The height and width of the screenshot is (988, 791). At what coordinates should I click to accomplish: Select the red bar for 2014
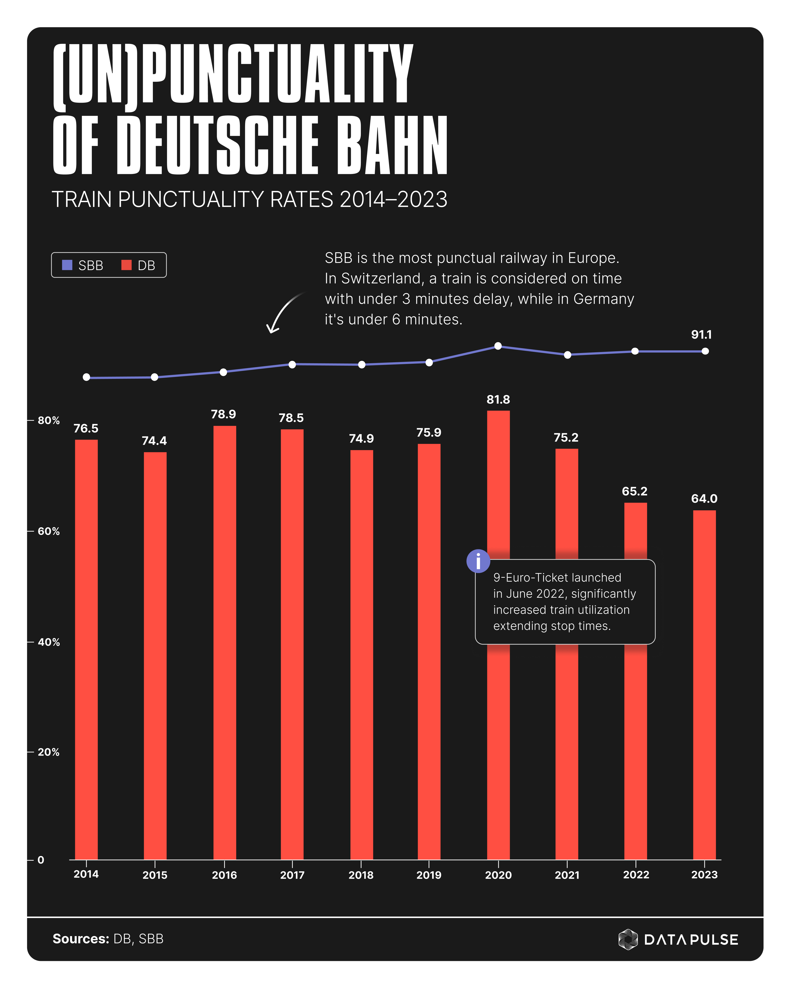[x=86, y=642]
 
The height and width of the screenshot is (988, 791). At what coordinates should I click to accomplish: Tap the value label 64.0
[x=704, y=499]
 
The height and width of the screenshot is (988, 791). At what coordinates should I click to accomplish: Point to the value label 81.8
[x=498, y=400]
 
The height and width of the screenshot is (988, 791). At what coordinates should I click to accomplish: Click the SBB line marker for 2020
[x=498, y=346]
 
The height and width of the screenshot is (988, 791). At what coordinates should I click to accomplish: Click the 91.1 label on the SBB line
[x=701, y=334]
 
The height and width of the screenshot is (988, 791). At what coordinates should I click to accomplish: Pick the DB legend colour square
[x=126, y=265]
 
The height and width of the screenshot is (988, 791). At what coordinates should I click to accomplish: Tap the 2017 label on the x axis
[x=292, y=875]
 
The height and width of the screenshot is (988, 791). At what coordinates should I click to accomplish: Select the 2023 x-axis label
[x=704, y=874]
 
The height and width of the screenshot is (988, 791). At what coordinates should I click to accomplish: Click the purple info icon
[x=478, y=561]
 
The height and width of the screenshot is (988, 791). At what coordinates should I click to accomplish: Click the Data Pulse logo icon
[x=628, y=939]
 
